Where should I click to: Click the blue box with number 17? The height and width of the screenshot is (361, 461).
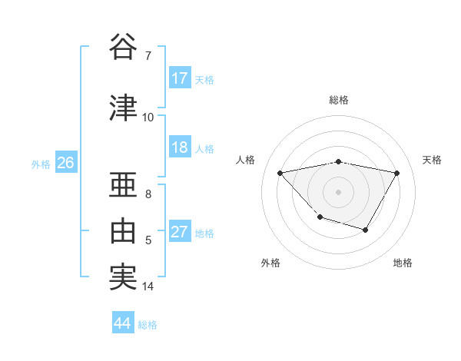click(180, 78)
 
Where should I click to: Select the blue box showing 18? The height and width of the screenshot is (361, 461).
click(180, 148)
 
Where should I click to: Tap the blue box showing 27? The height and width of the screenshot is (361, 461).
click(180, 233)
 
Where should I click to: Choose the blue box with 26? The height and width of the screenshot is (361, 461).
click(65, 163)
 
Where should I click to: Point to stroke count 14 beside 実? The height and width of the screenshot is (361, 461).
click(148, 286)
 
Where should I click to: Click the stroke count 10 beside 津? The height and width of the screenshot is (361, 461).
click(148, 118)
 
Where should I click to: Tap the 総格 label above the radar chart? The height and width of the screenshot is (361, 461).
click(339, 100)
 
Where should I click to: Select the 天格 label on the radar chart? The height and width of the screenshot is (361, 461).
click(433, 160)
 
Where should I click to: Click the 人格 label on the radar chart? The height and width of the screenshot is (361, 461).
click(246, 160)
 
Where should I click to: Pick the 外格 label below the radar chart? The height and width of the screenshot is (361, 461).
click(270, 263)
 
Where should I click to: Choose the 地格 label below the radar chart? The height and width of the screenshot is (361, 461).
click(403, 263)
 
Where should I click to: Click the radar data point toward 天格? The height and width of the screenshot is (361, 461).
click(396, 173)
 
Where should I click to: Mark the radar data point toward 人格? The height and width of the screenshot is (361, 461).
click(280, 173)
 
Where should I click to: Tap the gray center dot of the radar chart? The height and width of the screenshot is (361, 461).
click(339, 191)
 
